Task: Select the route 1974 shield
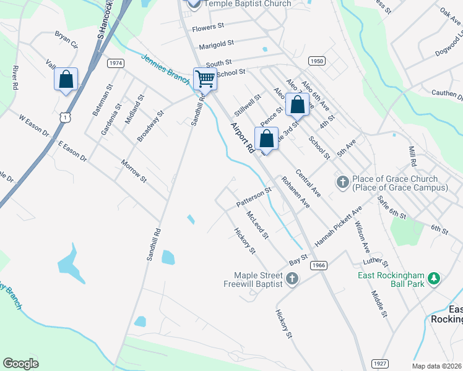(x=115, y=63)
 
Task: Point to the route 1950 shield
(x=316, y=61)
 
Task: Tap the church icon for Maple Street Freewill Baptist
(x=293, y=279)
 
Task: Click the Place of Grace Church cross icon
(x=342, y=182)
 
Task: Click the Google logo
(x=21, y=364)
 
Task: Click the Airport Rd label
(x=242, y=137)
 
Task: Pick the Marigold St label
(x=216, y=45)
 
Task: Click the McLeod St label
(x=257, y=224)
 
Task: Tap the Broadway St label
(x=150, y=126)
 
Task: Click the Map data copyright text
(x=437, y=365)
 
